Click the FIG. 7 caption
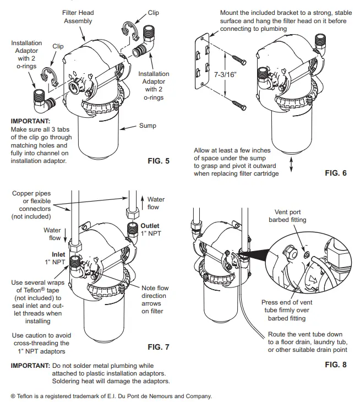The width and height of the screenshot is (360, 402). pos(159,347)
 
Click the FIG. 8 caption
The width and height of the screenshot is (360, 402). pos(335,365)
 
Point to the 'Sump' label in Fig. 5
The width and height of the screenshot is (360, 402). pos(147,126)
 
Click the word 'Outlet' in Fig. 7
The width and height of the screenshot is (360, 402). pos(150,226)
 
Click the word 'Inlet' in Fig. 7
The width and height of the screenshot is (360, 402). pos(58,254)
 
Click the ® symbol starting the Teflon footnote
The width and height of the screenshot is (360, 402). pos(13,395)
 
